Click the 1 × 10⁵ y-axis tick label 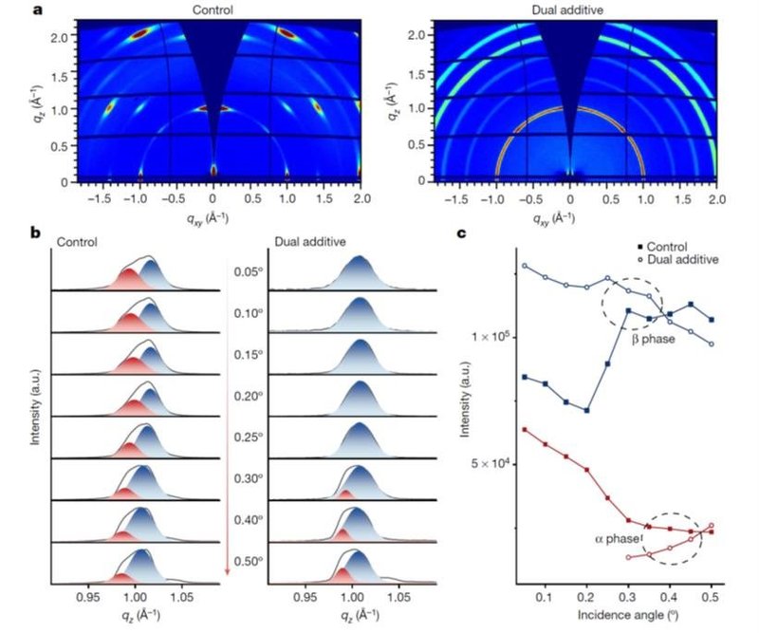point(491,337)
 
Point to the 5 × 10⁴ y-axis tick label point(491,463)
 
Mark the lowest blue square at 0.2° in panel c point(587,410)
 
